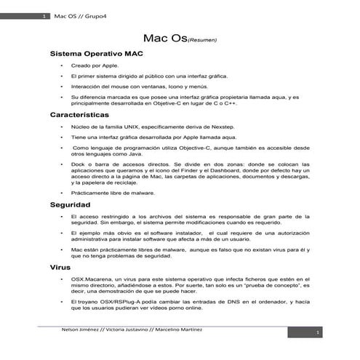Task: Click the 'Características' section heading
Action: click(x=79, y=115)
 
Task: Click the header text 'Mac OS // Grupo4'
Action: click(x=76, y=16)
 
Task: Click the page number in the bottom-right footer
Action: click(x=317, y=333)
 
